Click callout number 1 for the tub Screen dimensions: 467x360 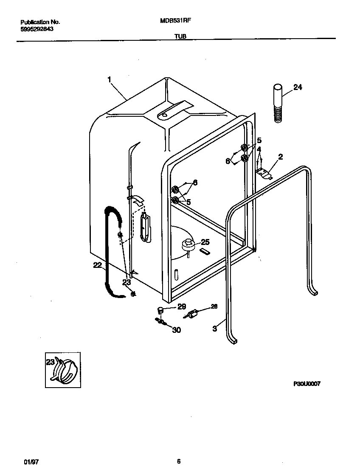pos(109,79)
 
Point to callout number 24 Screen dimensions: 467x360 pos(298,87)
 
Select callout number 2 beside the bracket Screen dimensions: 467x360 pos(280,157)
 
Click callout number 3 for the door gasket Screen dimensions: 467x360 pos(215,328)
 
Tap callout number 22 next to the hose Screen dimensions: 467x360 pos(98,265)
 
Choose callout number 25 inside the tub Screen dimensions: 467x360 pos(205,242)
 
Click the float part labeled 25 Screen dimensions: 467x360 pos(188,245)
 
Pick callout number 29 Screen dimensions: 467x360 pos(181,307)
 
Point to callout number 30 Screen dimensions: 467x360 pos(177,329)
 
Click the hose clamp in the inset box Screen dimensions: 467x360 pos(65,371)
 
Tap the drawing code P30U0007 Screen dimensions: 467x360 pos(307,383)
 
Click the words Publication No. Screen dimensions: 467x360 pos(40,22)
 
